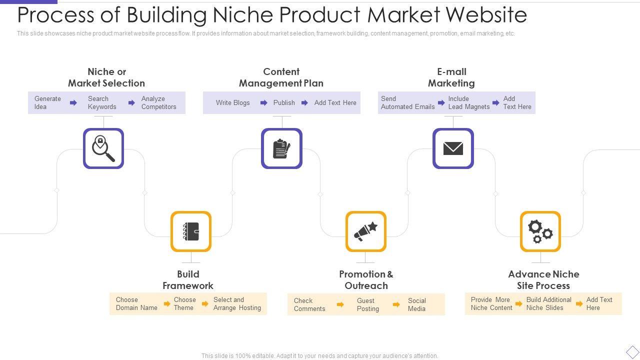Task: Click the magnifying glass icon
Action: (x=103, y=148)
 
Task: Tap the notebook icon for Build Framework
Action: (x=191, y=231)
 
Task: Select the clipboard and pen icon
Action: (x=281, y=148)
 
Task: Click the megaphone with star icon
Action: (x=366, y=231)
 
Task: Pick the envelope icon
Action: (x=453, y=148)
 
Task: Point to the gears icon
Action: (x=540, y=231)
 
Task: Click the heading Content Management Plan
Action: (x=281, y=77)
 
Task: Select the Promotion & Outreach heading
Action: (x=366, y=280)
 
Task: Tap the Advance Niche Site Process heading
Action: (x=543, y=280)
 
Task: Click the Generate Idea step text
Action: (x=47, y=102)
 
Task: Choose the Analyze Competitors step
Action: (x=158, y=102)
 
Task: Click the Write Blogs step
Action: (x=232, y=102)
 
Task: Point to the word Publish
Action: (x=284, y=102)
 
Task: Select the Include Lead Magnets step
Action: (x=468, y=102)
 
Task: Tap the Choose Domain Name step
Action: (x=136, y=303)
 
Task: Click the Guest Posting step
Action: (x=367, y=304)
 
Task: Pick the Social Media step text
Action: (x=416, y=304)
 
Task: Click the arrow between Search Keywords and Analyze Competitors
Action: (x=131, y=102)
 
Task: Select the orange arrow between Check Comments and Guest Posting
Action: (x=340, y=304)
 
